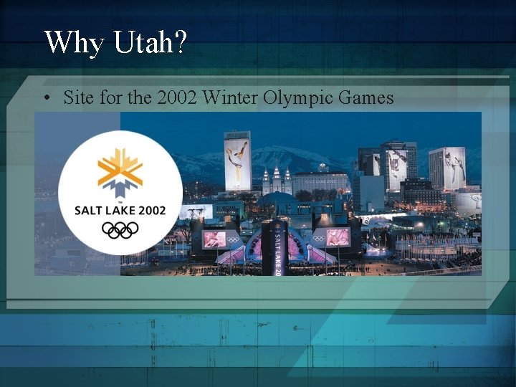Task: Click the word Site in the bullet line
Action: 79,97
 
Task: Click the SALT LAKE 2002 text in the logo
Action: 120,210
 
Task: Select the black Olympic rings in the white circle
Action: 120,229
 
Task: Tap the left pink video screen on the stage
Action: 214,239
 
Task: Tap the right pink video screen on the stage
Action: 338,236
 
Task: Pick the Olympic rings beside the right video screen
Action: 319,237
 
